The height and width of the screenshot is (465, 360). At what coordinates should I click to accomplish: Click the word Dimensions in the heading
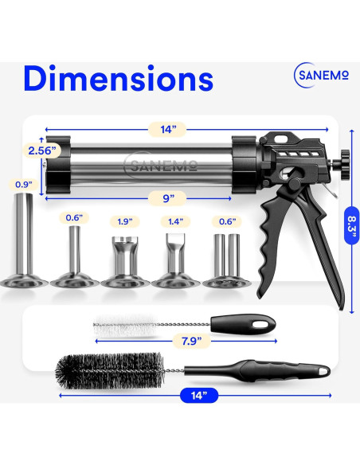coord(119,78)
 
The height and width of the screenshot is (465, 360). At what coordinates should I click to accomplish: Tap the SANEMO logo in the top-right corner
coord(322,75)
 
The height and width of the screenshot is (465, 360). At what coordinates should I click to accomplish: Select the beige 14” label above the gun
coord(167,129)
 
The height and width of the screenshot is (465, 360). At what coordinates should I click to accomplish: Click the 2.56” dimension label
coord(42,150)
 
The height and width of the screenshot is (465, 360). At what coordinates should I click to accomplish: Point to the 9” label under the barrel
coord(167,198)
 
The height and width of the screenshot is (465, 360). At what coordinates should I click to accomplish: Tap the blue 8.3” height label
coord(352,225)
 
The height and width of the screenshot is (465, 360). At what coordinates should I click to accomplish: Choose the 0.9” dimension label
coord(24,185)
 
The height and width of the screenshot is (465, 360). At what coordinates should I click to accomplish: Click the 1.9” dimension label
coord(124,221)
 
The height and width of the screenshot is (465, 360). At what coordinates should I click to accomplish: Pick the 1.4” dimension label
coord(175,221)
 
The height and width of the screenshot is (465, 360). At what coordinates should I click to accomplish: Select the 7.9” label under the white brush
coord(191,341)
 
